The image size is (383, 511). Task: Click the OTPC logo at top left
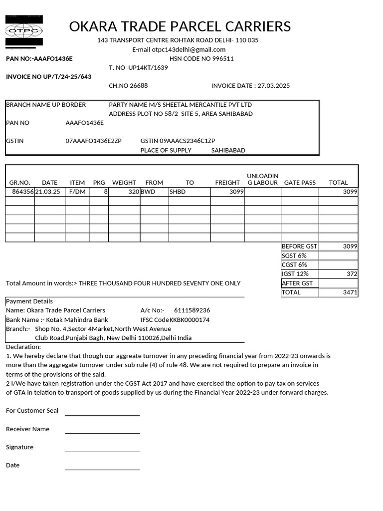(24, 31)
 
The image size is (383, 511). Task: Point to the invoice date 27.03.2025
(273, 85)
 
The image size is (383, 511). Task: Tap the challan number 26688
(139, 85)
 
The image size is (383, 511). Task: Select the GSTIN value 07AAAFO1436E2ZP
(93, 141)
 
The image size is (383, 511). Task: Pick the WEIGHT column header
(124, 183)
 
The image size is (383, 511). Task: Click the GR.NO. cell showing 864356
(22, 192)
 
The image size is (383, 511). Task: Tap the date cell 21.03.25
(47, 192)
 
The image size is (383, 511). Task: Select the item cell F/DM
(77, 192)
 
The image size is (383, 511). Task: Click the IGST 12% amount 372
(352, 274)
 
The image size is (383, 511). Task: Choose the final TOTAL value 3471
(350, 292)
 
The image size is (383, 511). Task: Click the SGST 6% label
(294, 255)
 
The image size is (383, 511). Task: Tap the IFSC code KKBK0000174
(190, 320)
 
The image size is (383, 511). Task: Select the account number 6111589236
(192, 310)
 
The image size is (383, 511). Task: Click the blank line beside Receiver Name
(102, 433)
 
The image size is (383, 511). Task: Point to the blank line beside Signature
(102, 451)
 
